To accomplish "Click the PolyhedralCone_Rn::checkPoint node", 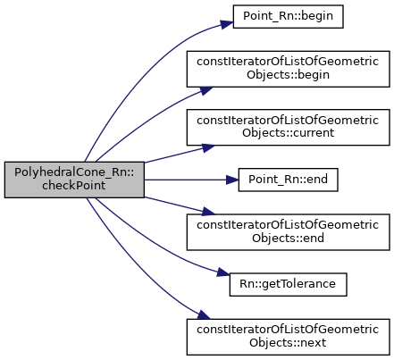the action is coord(74,180).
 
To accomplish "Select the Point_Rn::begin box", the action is coord(288,17).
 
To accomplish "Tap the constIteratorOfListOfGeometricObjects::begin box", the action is coord(288,69).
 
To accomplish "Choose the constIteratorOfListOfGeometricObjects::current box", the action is coord(288,128).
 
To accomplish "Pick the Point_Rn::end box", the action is coord(288,180).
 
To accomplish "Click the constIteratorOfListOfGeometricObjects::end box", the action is coord(288,232).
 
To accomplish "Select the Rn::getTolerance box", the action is coord(288,285).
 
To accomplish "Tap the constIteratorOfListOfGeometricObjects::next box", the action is coord(288,337).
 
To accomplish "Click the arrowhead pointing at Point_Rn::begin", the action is coord(227,24).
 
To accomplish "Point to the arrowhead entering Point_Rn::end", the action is coord(232,180).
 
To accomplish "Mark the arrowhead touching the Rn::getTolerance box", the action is coord(223,272).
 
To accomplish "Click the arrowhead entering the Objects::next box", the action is coord(204,315).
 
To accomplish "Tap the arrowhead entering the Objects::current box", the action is coord(208,147).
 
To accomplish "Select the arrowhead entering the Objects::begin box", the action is coord(206,90).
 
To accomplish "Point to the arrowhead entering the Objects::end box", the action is coord(208,212).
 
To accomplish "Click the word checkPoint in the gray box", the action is coord(74,186).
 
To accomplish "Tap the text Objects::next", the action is coord(288,343).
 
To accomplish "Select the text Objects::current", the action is coord(288,133).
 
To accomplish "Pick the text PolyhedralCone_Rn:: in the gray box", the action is coord(74,172).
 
